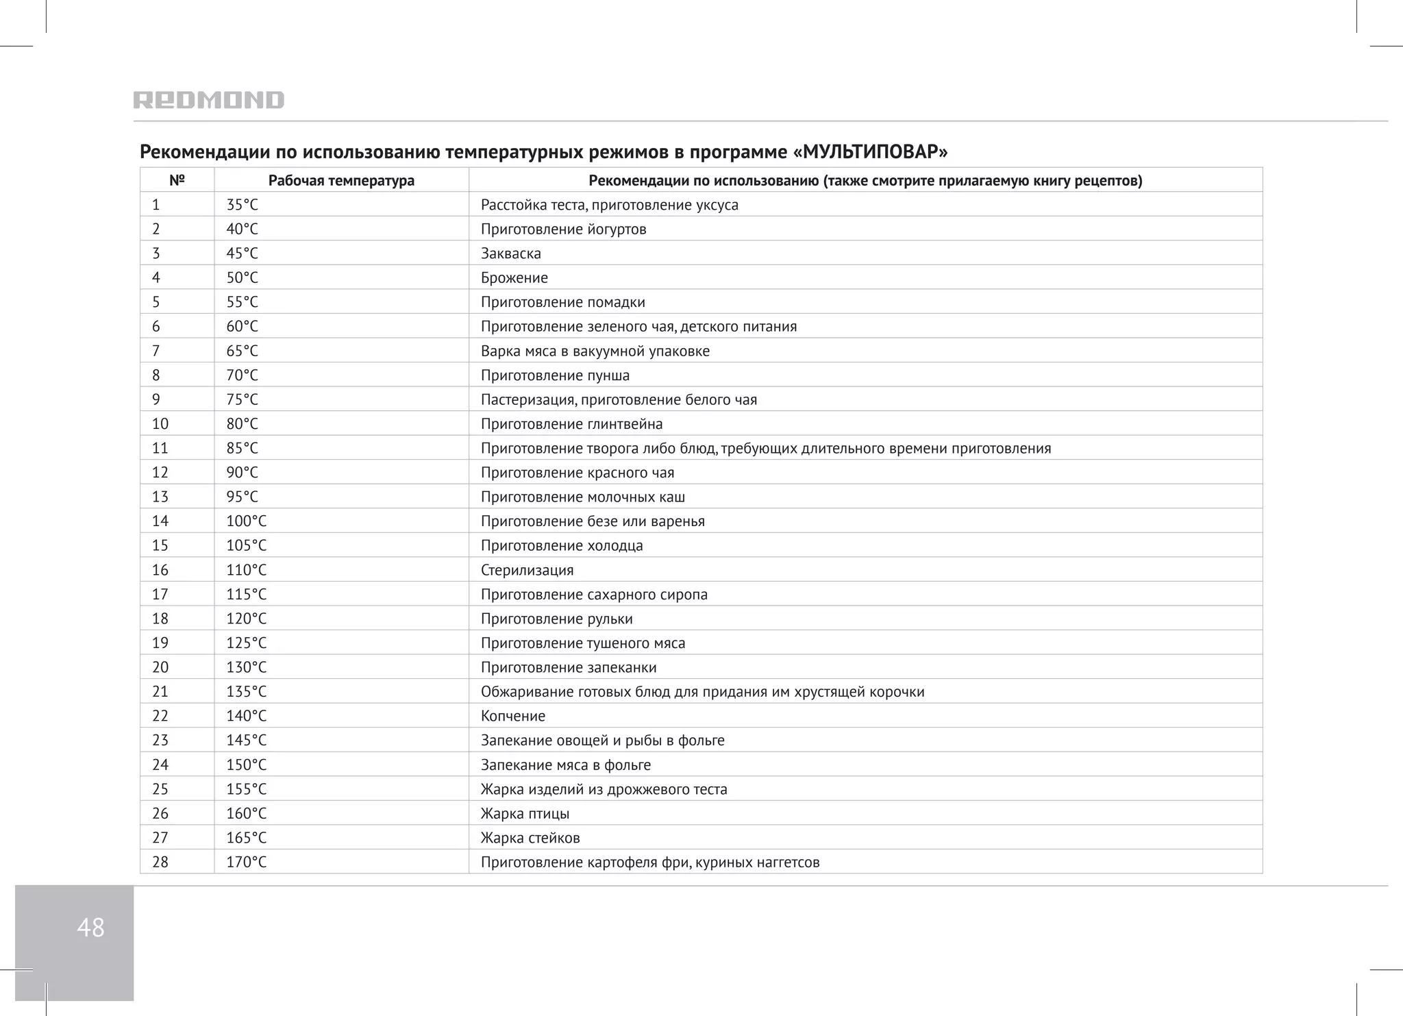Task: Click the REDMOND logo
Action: pos(208,100)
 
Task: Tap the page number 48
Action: pos(90,928)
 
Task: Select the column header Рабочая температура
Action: pos(341,181)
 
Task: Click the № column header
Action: pos(177,180)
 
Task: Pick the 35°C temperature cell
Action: pos(243,205)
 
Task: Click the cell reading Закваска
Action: pos(511,253)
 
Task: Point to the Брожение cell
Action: pos(514,278)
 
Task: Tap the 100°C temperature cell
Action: pos(246,521)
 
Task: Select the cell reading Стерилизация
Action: pos(527,570)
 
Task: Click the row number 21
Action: pos(160,692)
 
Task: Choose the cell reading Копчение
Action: pos(513,717)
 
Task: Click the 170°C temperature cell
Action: pos(246,863)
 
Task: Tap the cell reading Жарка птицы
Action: pos(525,814)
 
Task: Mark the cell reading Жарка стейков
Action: pos(530,838)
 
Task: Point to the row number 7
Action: pos(156,351)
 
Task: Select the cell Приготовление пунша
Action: pos(555,375)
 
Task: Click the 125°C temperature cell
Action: pos(246,643)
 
